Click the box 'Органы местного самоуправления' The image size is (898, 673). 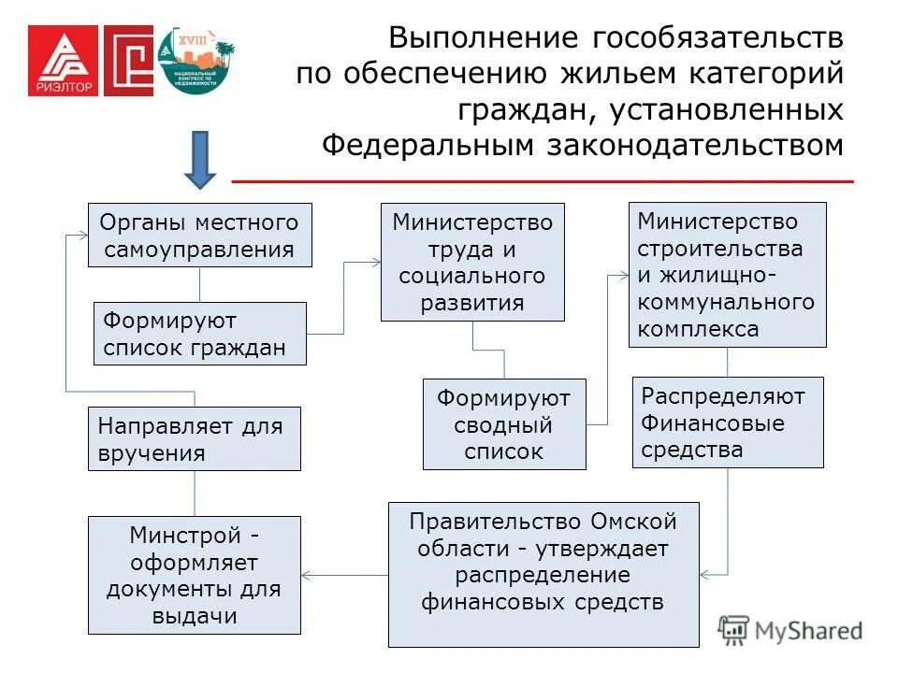point(200,236)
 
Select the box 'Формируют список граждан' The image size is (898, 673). point(200,334)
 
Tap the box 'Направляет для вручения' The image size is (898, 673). point(195,438)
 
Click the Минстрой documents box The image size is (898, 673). point(195,575)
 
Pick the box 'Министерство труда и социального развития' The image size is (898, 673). point(472,263)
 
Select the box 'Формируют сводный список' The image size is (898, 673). point(504,424)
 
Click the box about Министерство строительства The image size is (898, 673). point(728,275)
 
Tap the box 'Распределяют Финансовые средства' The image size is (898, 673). point(728,422)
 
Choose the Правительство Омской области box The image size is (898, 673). point(543,574)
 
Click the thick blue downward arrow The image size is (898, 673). point(199,159)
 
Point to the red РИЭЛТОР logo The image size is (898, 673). point(62,60)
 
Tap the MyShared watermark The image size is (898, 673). point(791,630)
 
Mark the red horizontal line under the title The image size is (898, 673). point(543,179)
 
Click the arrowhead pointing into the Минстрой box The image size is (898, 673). point(308,574)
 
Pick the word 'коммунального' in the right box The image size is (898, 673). point(726,302)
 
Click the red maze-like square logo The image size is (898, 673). point(128,60)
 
